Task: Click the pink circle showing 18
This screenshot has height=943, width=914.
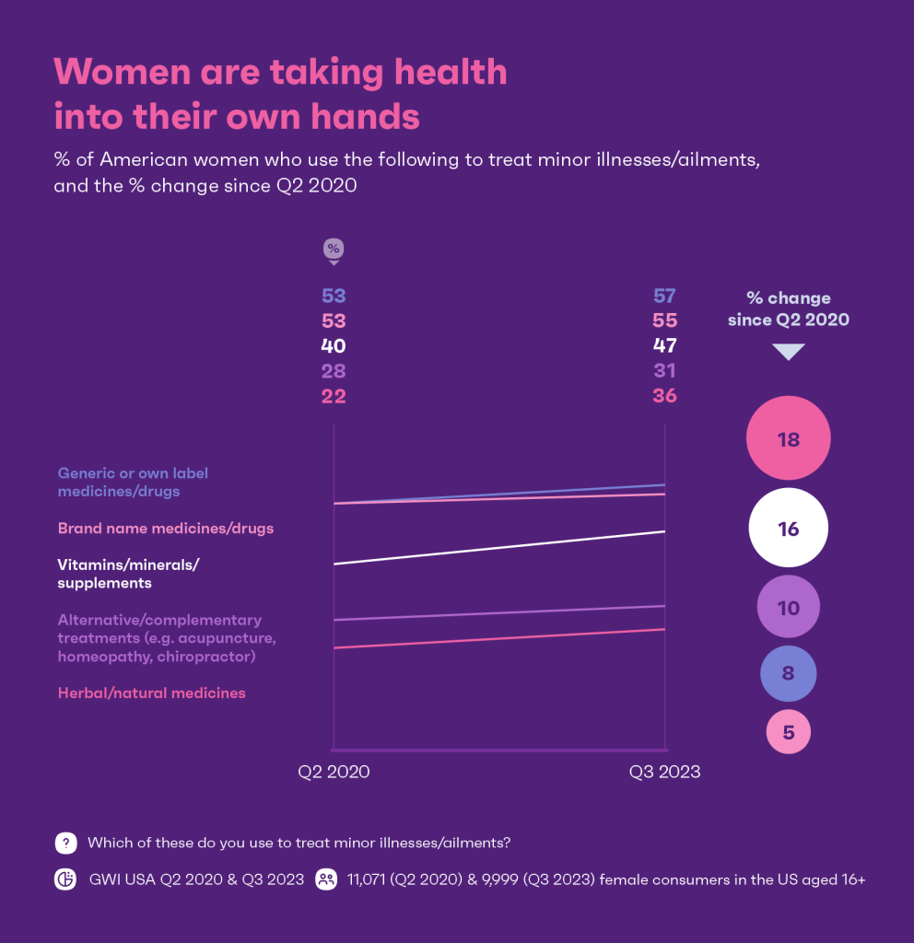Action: [788, 439]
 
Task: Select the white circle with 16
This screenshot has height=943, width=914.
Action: [788, 529]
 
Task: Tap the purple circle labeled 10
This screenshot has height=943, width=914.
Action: [788, 608]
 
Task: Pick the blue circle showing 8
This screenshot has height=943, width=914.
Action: [788, 672]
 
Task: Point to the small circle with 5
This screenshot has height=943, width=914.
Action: [788, 733]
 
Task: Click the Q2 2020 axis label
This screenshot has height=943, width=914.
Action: [334, 772]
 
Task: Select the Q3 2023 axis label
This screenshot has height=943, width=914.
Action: [664, 772]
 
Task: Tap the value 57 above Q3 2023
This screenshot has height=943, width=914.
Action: [664, 296]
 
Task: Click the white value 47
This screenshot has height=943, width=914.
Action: [664, 346]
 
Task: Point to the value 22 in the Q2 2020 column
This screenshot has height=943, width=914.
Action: [334, 396]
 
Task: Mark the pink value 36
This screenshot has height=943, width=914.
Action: [664, 396]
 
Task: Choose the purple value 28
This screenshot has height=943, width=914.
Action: [334, 371]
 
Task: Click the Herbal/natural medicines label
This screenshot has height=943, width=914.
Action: [151, 693]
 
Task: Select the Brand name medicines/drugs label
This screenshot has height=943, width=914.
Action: [166, 529]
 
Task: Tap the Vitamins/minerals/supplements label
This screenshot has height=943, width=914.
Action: [128, 574]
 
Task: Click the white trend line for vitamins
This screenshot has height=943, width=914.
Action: [498, 548]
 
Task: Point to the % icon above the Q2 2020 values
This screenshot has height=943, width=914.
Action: [334, 250]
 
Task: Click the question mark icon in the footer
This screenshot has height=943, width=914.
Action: [65, 842]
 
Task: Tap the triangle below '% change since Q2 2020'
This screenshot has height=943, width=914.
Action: [788, 352]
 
